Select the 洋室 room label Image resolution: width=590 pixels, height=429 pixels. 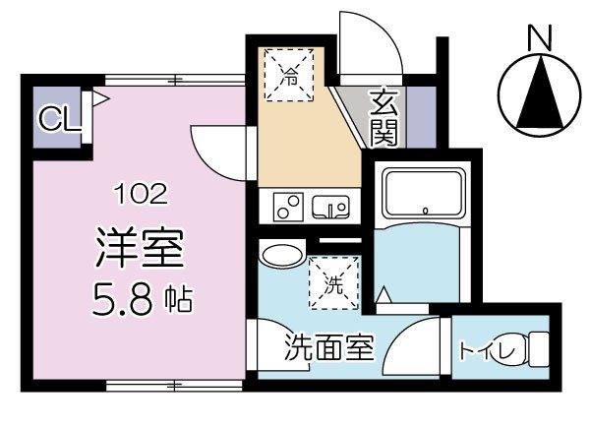(139, 247)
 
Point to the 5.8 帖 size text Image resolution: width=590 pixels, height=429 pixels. (139, 295)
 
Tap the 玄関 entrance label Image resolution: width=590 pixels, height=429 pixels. (384, 116)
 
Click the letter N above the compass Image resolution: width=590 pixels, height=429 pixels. (538, 38)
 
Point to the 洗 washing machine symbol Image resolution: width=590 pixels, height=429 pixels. (334, 283)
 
